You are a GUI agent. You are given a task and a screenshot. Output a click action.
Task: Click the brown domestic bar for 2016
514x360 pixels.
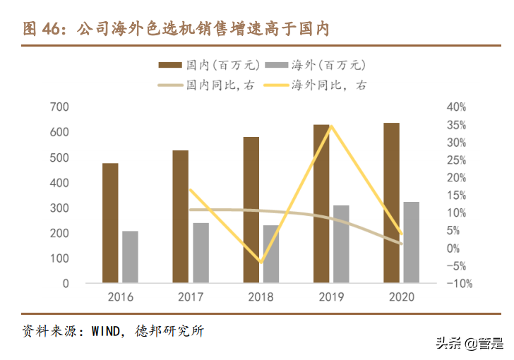pyautogui.click(x=110, y=223)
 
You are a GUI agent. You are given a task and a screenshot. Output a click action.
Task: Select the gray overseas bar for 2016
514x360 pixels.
pyautogui.click(x=130, y=257)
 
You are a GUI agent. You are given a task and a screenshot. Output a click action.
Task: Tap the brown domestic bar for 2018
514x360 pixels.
pyautogui.click(x=251, y=210)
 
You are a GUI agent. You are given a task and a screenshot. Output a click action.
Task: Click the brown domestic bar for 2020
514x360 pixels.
pyautogui.click(x=391, y=203)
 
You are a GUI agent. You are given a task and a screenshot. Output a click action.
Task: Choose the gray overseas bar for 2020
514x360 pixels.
pyautogui.click(x=411, y=242)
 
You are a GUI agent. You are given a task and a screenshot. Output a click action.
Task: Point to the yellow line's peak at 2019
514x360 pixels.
pyautogui.click(x=331, y=126)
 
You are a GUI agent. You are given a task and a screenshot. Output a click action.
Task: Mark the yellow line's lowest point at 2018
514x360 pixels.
pyautogui.click(x=261, y=262)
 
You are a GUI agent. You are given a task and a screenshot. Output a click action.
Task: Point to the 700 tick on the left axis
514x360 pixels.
pyautogui.click(x=59, y=107)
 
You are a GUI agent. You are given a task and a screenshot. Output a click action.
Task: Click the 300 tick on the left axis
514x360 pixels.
pyautogui.click(x=59, y=208)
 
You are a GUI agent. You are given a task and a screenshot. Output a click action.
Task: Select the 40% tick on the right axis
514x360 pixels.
pyautogui.click(x=455, y=107)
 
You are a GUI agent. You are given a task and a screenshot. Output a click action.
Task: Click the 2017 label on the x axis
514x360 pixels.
pyautogui.click(x=190, y=297)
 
